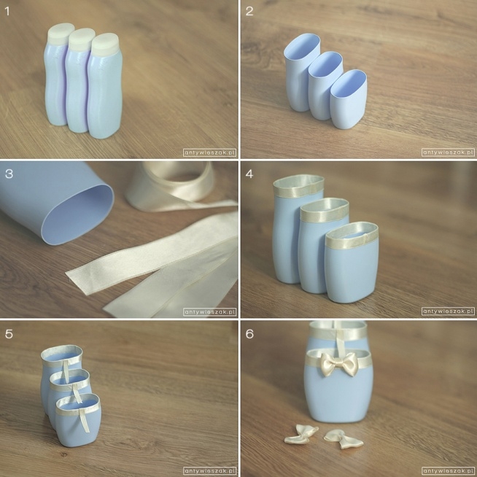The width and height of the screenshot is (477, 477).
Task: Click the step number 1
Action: (x=7, y=12)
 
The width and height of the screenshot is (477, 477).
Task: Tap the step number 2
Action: (x=249, y=11)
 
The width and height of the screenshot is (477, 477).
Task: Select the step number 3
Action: (x=9, y=174)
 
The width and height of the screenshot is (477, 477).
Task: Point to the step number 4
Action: (x=249, y=174)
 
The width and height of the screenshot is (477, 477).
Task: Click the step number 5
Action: (x=9, y=334)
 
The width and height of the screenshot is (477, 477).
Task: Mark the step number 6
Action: (x=249, y=334)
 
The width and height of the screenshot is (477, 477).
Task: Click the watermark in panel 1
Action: (x=209, y=152)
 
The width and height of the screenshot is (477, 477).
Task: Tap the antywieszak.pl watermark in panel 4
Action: (x=448, y=311)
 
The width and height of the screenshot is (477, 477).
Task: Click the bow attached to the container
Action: (x=339, y=364)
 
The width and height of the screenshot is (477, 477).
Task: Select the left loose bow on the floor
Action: (x=301, y=434)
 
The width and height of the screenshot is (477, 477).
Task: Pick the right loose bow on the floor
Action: (x=344, y=439)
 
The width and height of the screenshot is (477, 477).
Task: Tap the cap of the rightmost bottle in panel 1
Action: (x=105, y=44)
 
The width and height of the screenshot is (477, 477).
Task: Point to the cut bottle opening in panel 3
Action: (x=77, y=214)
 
